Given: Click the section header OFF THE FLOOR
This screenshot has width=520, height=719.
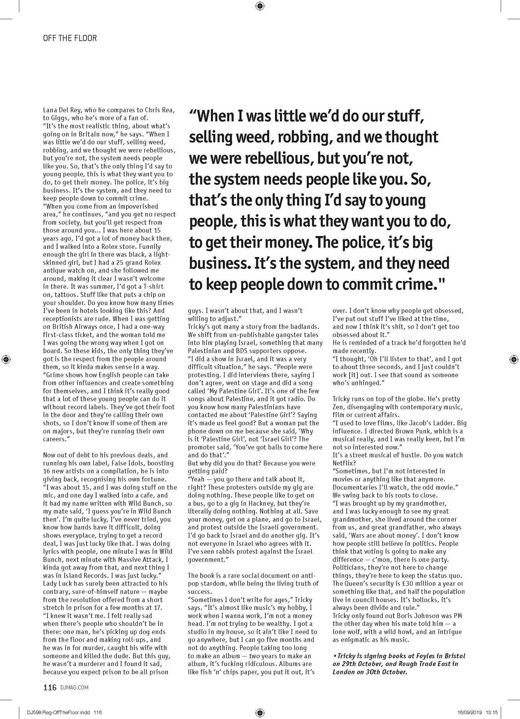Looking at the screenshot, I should click(x=70, y=38).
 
